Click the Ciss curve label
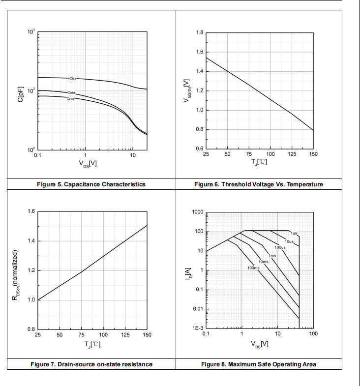(x=73, y=78)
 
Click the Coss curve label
(x=71, y=92)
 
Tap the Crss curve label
(x=70, y=99)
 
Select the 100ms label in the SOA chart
(x=253, y=268)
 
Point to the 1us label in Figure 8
(x=294, y=233)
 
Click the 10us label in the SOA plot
(x=289, y=241)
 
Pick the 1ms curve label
(x=272, y=256)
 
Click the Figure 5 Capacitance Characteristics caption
(x=91, y=184)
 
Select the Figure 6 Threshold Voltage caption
(x=259, y=184)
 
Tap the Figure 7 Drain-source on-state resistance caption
(x=91, y=364)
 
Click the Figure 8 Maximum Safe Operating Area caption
(x=259, y=364)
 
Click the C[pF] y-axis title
(x=21, y=94)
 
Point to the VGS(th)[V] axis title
(x=187, y=91)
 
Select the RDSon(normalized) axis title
(x=15, y=275)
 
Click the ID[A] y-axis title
(x=188, y=273)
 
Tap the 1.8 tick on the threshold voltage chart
(x=200, y=33)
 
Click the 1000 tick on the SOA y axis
(x=198, y=212)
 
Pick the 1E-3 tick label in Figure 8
(x=198, y=328)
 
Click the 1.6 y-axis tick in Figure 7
(x=31, y=211)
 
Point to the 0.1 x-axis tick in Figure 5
(x=38, y=155)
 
